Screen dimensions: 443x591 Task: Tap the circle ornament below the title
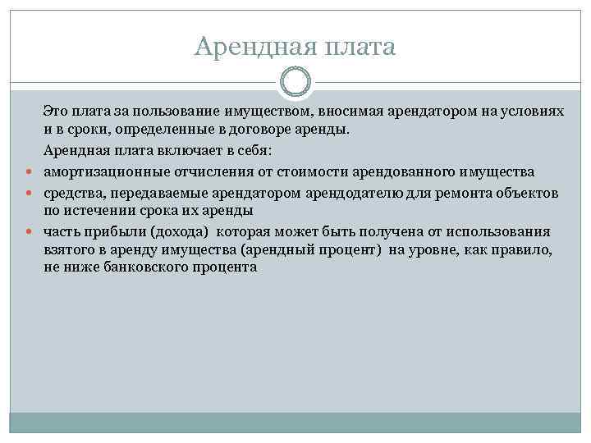[295, 82]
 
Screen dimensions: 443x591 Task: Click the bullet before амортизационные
[29, 172]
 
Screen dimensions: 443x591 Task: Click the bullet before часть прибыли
[29, 232]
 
